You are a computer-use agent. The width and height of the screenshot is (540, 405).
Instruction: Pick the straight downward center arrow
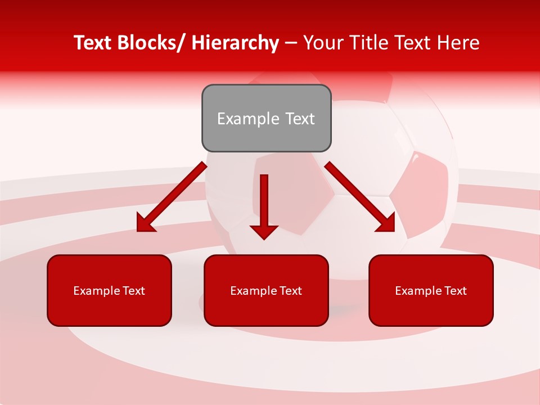point(264,202)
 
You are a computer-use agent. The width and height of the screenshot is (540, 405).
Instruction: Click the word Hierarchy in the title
point(235,43)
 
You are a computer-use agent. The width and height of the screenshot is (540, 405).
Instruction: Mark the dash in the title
point(291,43)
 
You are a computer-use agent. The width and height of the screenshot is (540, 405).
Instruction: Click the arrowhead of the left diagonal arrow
point(146,223)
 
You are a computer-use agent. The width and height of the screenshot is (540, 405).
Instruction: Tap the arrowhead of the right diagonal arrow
point(386,223)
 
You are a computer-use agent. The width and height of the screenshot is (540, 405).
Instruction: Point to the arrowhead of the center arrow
point(264,232)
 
